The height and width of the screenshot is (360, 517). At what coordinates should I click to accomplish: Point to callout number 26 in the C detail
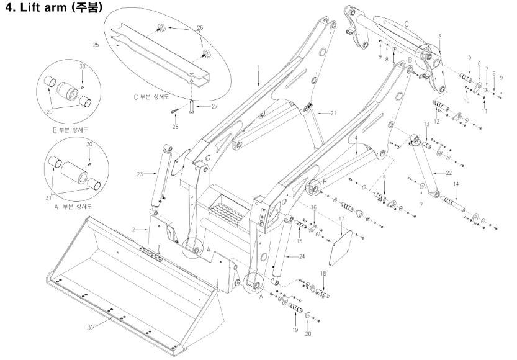(200, 27)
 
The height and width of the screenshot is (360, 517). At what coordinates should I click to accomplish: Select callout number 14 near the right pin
(456, 184)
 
